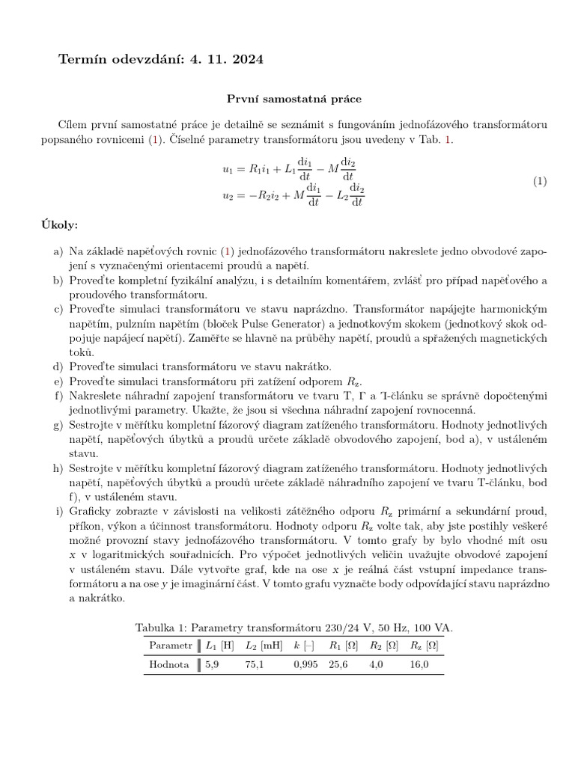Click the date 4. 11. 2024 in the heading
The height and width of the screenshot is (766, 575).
227,60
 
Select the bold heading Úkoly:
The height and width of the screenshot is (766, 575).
58,225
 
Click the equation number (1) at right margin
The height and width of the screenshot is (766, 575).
540,182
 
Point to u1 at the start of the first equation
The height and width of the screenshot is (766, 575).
228,170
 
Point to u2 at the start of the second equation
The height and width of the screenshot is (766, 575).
228,196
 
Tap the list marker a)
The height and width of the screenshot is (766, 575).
58,252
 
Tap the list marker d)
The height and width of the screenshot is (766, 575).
58,366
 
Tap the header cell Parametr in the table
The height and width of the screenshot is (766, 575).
171,645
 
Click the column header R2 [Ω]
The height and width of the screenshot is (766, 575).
383,645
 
